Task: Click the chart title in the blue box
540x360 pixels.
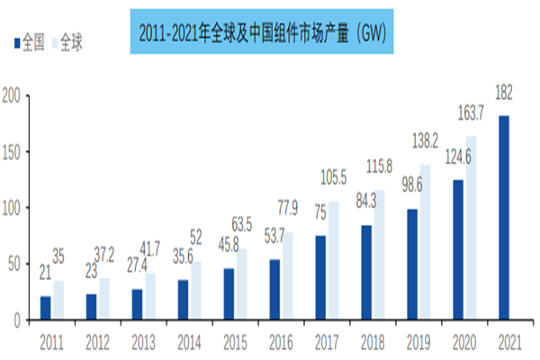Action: (x=263, y=33)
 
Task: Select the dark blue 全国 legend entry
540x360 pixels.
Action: (x=30, y=41)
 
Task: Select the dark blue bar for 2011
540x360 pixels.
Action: (x=45, y=308)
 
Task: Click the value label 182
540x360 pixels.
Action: (x=503, y=92)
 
